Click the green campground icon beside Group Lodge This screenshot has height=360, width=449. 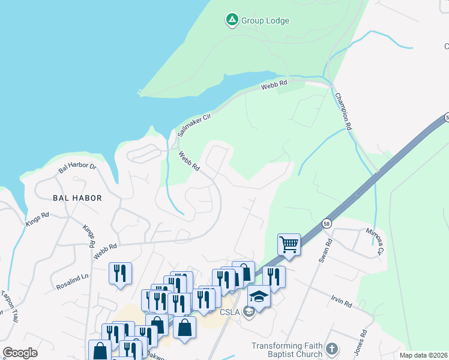232,20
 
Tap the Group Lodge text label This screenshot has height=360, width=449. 265,20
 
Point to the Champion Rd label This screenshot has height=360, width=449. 342,112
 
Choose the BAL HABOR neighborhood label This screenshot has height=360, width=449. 77,197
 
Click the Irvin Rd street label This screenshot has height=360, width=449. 340,301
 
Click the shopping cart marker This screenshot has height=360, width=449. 289,245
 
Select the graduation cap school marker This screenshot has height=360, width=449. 259,297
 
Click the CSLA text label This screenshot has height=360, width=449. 231,313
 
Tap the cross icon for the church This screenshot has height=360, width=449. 331,349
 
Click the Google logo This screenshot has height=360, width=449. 20,353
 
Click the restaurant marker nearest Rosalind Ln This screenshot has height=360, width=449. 120,274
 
